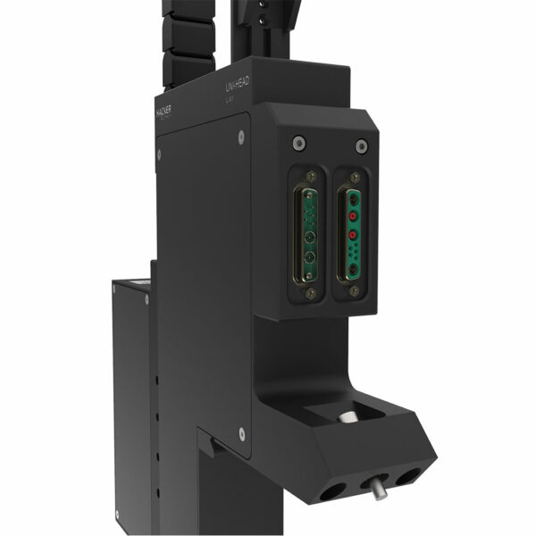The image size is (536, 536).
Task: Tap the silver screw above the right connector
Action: click(x=361, y=146)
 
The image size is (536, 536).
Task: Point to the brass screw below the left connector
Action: click(x=310, y=294)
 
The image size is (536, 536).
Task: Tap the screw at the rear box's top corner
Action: click(x=147, y=300)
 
